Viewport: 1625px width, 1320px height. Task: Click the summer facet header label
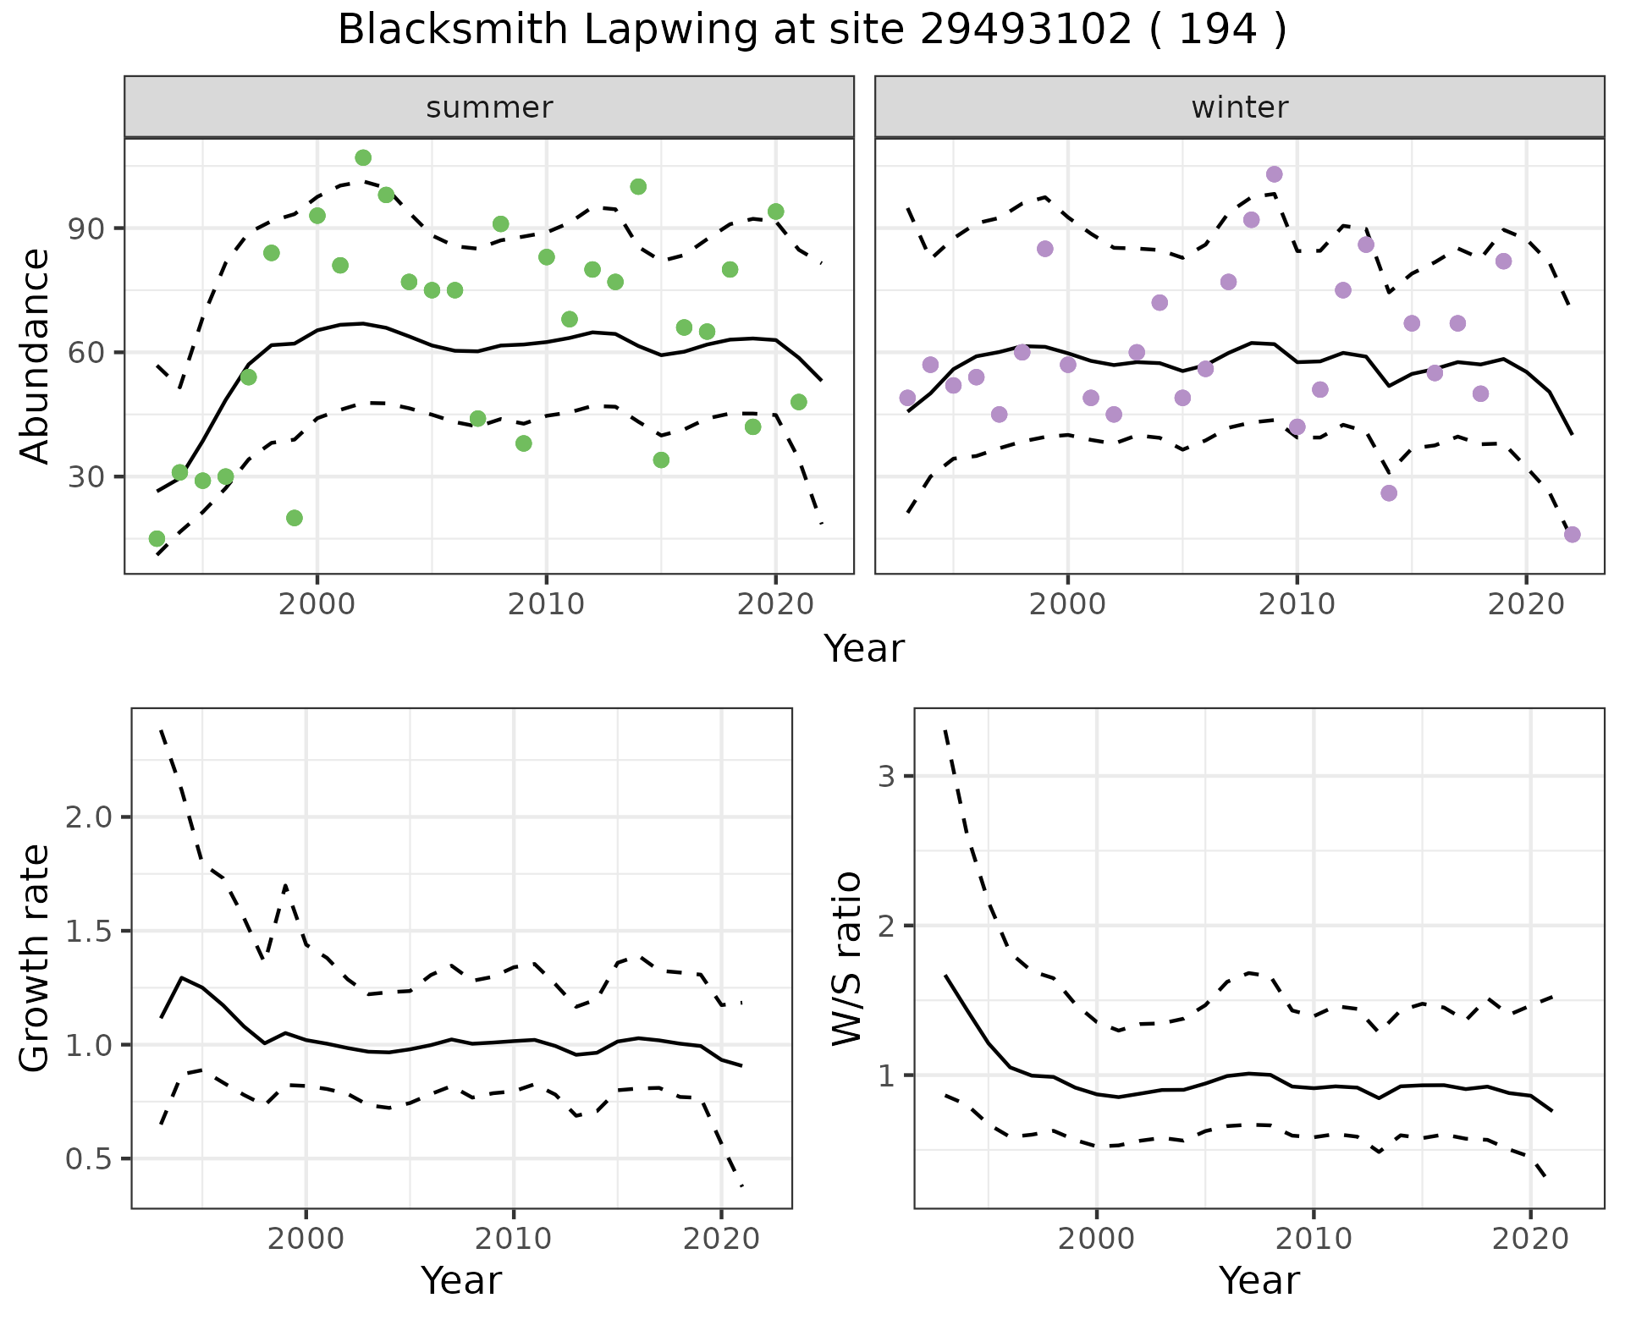tap(489, 107)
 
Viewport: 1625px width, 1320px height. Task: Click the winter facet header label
tap(1240, 107)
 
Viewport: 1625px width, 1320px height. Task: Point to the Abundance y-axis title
tap(36, 355)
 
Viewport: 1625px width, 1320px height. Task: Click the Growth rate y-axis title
tap(36, 958)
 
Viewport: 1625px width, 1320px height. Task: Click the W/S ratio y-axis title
tap(847, 958)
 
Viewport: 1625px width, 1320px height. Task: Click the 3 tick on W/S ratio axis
tap(887, 776)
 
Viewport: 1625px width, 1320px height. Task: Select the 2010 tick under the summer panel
tap(546, 604)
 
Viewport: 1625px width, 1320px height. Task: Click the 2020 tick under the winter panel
tap(1526, 604)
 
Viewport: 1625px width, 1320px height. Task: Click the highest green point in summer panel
tap(363, 157)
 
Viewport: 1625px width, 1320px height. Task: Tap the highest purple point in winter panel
tap(1274, 174)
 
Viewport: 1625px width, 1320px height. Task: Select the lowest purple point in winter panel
tap(1573, 534)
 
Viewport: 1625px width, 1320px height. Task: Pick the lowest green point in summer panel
tap(157, 539)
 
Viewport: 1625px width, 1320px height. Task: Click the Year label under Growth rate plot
tap(461, 1281)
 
